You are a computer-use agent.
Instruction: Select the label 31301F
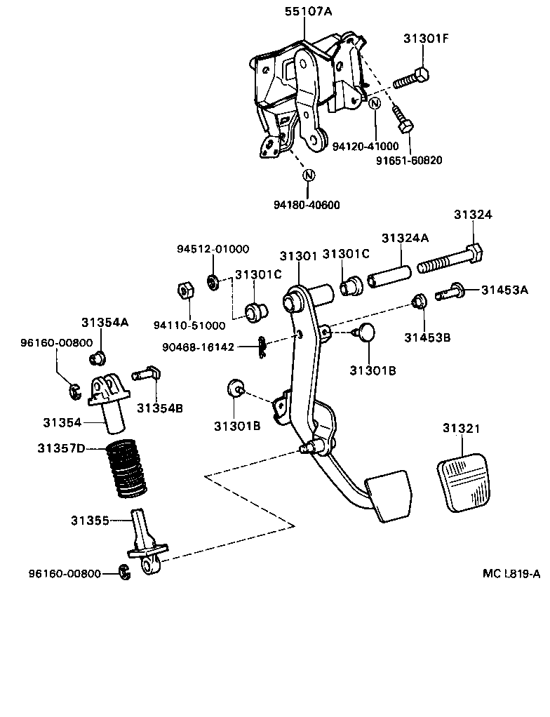[426, 39]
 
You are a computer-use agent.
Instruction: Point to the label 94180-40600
[307, 205]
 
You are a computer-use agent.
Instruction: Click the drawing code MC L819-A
[511, 573]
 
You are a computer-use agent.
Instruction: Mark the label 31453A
[505, 289]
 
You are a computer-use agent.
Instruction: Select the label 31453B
[427, 337]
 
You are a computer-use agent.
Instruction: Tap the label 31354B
[160, 408]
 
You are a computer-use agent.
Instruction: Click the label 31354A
[105, 323]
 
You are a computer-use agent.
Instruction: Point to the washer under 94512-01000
[212, 282]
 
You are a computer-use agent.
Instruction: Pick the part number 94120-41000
[365, 146]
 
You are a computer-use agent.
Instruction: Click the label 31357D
[62, 447]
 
